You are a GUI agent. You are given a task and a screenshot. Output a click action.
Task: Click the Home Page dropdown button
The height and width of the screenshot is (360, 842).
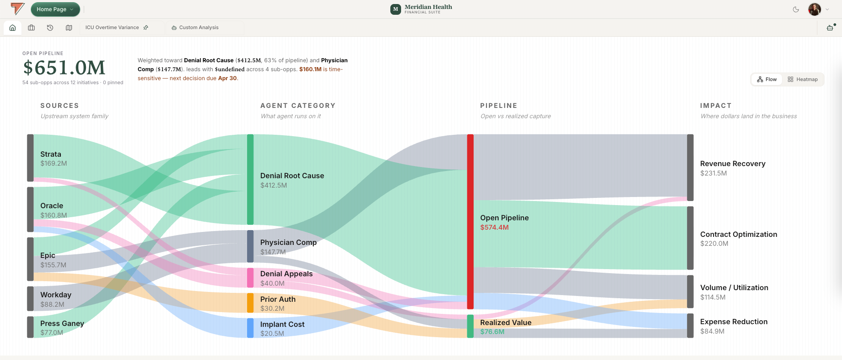pyautogui.click(x=56, y=9)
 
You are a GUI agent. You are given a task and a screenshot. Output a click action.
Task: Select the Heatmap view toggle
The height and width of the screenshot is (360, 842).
pyautogui.click(x=803, y=79)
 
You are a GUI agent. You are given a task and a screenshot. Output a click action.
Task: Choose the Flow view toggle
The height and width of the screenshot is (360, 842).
pyautogui.click(x=767, y=79)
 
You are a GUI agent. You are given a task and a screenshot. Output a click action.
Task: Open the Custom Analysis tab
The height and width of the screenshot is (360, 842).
pyautogui.click(x=195, y=27)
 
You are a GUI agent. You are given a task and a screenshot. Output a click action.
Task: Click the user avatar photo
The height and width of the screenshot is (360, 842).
pyautogui.click(x=814, y=9)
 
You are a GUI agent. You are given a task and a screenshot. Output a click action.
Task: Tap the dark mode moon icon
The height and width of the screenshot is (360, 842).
pyautogui.click(x=796, y=9)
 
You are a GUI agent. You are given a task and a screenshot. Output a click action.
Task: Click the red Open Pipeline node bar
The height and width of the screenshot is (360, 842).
pyautogui.click(x=470, y=222)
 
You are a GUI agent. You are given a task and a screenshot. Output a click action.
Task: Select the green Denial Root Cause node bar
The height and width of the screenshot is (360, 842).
pyautogui.click(x=250, y=180)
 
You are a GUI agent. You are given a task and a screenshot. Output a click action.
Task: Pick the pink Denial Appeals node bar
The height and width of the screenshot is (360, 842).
pyautogui.click(x=250, y=278)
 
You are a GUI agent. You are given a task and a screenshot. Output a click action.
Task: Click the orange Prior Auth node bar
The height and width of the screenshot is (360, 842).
pyautogui.click(x=250, y=303)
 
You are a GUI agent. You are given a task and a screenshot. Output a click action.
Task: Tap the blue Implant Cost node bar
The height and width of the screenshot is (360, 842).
pyautogui.click(x=250, y=328)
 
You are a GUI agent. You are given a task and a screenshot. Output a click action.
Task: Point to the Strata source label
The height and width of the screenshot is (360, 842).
pyautogui.click(x=51, y=154)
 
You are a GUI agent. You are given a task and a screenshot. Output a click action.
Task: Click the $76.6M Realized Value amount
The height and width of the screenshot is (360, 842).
pyautogui.click(x=492, y=332)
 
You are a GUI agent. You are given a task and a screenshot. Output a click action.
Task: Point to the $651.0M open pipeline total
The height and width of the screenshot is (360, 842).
pyautogui.click(x=64, y=68)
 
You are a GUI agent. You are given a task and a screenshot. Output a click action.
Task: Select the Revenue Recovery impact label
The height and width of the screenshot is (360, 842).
pyautogui.click(x=733, y=164)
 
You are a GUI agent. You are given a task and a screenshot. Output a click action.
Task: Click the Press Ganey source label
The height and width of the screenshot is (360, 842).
pyautogui.click(x=62, y=323)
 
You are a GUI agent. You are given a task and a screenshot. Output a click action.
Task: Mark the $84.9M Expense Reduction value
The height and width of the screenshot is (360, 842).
pyautogui.click(x=712, y=331)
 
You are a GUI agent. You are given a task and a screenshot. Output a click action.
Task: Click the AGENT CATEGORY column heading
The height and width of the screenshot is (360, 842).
pyautogui.click(x=298, y=106)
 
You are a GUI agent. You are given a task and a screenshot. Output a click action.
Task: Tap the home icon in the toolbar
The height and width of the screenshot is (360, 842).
pyautogui.click(x=13, y=28)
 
